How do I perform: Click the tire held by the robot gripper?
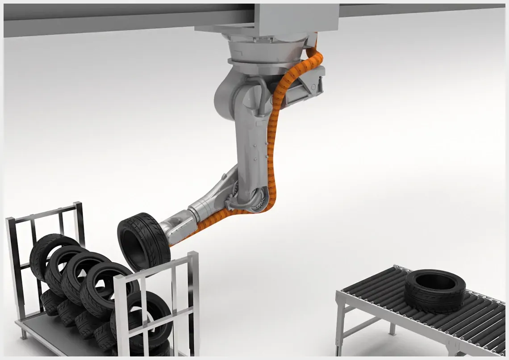(x=142, y=241)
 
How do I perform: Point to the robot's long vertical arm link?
(x=253, y=143)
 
